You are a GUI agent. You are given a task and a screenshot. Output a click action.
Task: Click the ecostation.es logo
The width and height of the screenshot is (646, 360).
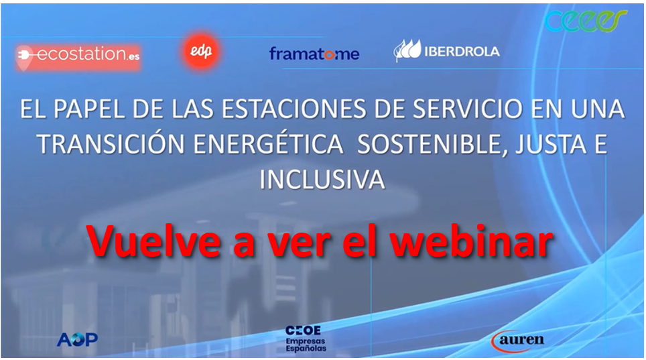(x=78, y=56)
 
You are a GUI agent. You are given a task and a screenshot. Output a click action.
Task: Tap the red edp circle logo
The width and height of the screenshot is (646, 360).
(x=201, y=51)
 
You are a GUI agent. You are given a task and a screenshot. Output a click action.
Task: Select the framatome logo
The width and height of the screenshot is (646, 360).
(x=314, y=54)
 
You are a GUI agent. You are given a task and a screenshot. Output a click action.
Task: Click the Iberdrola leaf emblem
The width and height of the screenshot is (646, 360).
(x=407, y=50)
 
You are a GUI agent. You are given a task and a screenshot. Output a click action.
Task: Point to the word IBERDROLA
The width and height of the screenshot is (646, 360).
(x=462, y=52)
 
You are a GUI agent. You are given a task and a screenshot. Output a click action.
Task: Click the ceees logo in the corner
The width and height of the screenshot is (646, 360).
(x=586, y=21)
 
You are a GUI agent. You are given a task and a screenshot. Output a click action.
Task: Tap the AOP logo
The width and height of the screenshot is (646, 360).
(x=78, y=339)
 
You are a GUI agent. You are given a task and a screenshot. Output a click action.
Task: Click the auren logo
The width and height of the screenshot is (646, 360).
(x=517, y=341)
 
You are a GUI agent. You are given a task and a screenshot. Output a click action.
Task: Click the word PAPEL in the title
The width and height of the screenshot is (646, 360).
(x=89, y=109)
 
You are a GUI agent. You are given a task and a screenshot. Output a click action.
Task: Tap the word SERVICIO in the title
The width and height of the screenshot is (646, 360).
(x=468, y=109)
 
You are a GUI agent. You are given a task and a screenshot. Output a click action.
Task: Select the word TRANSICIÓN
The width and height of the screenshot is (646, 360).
(x=111, y=144)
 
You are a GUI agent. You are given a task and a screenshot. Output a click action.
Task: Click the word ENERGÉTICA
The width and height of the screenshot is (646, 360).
(x=268, y=144)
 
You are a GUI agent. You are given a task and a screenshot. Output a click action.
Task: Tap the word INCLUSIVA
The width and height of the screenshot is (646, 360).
(x=322, y=180)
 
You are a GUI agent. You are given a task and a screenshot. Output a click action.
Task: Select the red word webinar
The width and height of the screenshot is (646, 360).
(x=471, y=241)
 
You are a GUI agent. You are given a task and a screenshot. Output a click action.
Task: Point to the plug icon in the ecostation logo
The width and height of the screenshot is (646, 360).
(x=24, y=55)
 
